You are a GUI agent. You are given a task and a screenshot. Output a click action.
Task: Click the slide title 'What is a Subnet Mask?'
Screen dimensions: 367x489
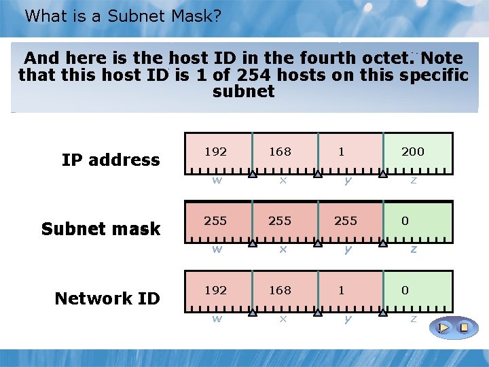coord(123,16)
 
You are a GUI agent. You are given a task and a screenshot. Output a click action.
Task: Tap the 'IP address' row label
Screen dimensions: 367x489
coord(111,160)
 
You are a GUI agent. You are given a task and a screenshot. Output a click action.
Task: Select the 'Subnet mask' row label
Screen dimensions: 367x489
coord(101,229)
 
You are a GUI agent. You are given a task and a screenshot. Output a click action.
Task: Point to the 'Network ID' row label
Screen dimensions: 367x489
coord(107,298)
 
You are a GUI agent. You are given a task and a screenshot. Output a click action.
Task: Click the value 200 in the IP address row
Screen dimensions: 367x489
coord(413,152)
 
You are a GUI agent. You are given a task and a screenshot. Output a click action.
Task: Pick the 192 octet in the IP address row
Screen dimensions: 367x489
coord(216,152)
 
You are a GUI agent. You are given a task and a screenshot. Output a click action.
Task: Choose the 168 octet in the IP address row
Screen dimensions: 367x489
coord(280,152)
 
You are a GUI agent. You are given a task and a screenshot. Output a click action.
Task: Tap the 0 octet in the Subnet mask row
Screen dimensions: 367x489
coord(405,221)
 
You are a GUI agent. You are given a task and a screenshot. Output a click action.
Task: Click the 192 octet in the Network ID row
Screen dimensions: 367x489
coord(216,290)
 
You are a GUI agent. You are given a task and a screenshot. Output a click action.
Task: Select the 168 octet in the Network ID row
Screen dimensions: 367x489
coord(280,290)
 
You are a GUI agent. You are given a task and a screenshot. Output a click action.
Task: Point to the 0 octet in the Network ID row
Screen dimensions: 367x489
coord(405,290)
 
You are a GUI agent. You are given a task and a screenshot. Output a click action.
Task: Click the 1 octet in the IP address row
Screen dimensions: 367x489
coord(342,152)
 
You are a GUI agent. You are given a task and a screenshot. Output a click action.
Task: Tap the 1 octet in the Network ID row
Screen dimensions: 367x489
coord(342,290)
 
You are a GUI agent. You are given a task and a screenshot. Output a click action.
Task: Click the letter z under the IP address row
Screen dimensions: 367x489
coord(413,180)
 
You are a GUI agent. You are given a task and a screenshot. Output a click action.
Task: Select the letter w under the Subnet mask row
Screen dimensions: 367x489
coord(216,249)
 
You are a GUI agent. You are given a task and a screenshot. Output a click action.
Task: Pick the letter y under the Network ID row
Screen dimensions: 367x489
coord(348,318)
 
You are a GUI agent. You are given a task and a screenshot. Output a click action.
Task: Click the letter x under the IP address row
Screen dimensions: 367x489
coord(282,180)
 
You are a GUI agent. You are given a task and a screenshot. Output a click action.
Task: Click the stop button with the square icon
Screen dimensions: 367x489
coord(465,328)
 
